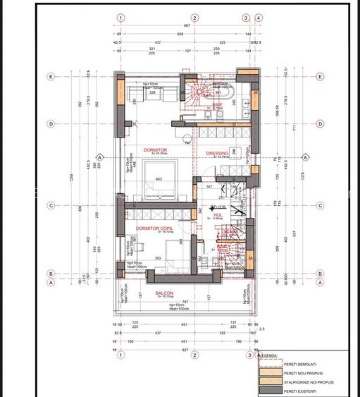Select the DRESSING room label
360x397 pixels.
pyautogui.click(x=217, y=152)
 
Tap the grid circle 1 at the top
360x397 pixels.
pyautogui.click(x=121, y=18)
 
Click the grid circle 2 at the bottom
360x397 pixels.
pyautogui.click(x=194, y=356)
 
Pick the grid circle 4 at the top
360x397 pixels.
pyautogui.click(x=260, y=18)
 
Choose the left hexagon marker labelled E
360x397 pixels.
pyautogui.click(x=51, y=76)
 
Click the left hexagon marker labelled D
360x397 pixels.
pyautogui.click(x=51, y=123)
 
